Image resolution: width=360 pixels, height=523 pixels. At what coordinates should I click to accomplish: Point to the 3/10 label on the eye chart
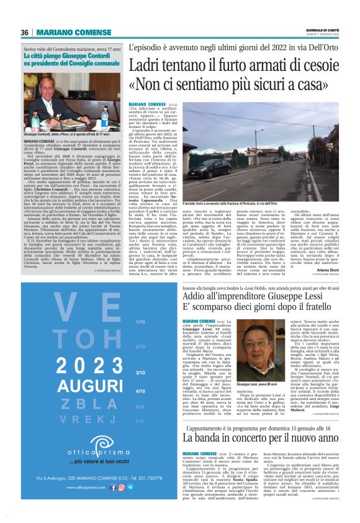[x=140, y=372]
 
